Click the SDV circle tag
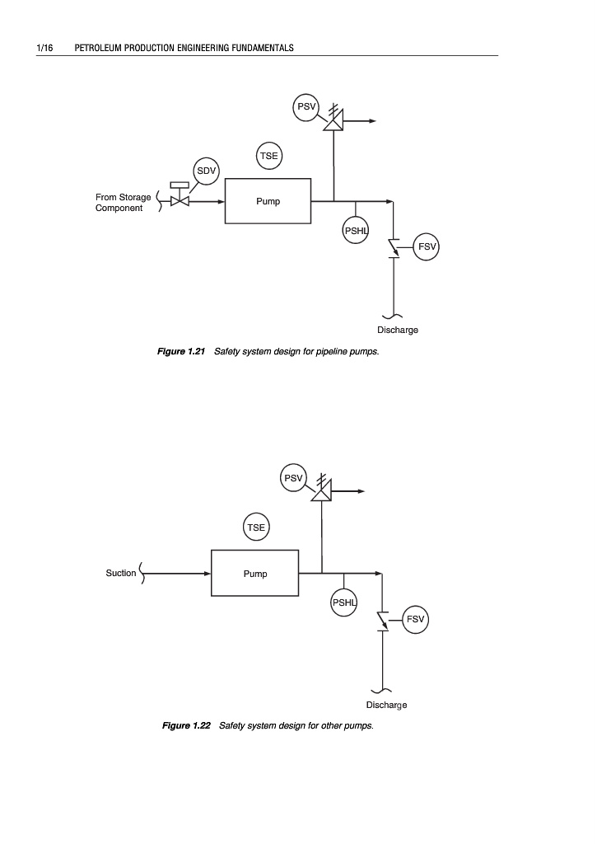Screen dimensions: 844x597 click(205, 171)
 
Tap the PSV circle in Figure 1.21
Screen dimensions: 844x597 click(306, 108)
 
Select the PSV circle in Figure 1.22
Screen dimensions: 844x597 click(294, 478)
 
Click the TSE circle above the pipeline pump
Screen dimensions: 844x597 click(269, 156)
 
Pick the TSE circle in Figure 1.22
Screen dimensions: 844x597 click(257, 526)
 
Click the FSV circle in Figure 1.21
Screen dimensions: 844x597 click(427, 246)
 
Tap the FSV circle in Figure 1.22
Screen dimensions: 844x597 click(415, 618)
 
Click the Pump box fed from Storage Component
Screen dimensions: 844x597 click(268, 201)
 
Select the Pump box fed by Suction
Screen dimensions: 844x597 click(255, 573)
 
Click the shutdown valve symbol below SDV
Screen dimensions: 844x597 click(179, 200)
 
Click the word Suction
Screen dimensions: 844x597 click(121, 573)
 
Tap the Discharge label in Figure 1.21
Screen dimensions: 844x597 click(398, 330)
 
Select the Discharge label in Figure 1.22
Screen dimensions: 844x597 click(386, 705)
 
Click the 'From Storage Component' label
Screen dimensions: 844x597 click(124, 203)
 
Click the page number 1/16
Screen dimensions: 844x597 click(44, 48)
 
